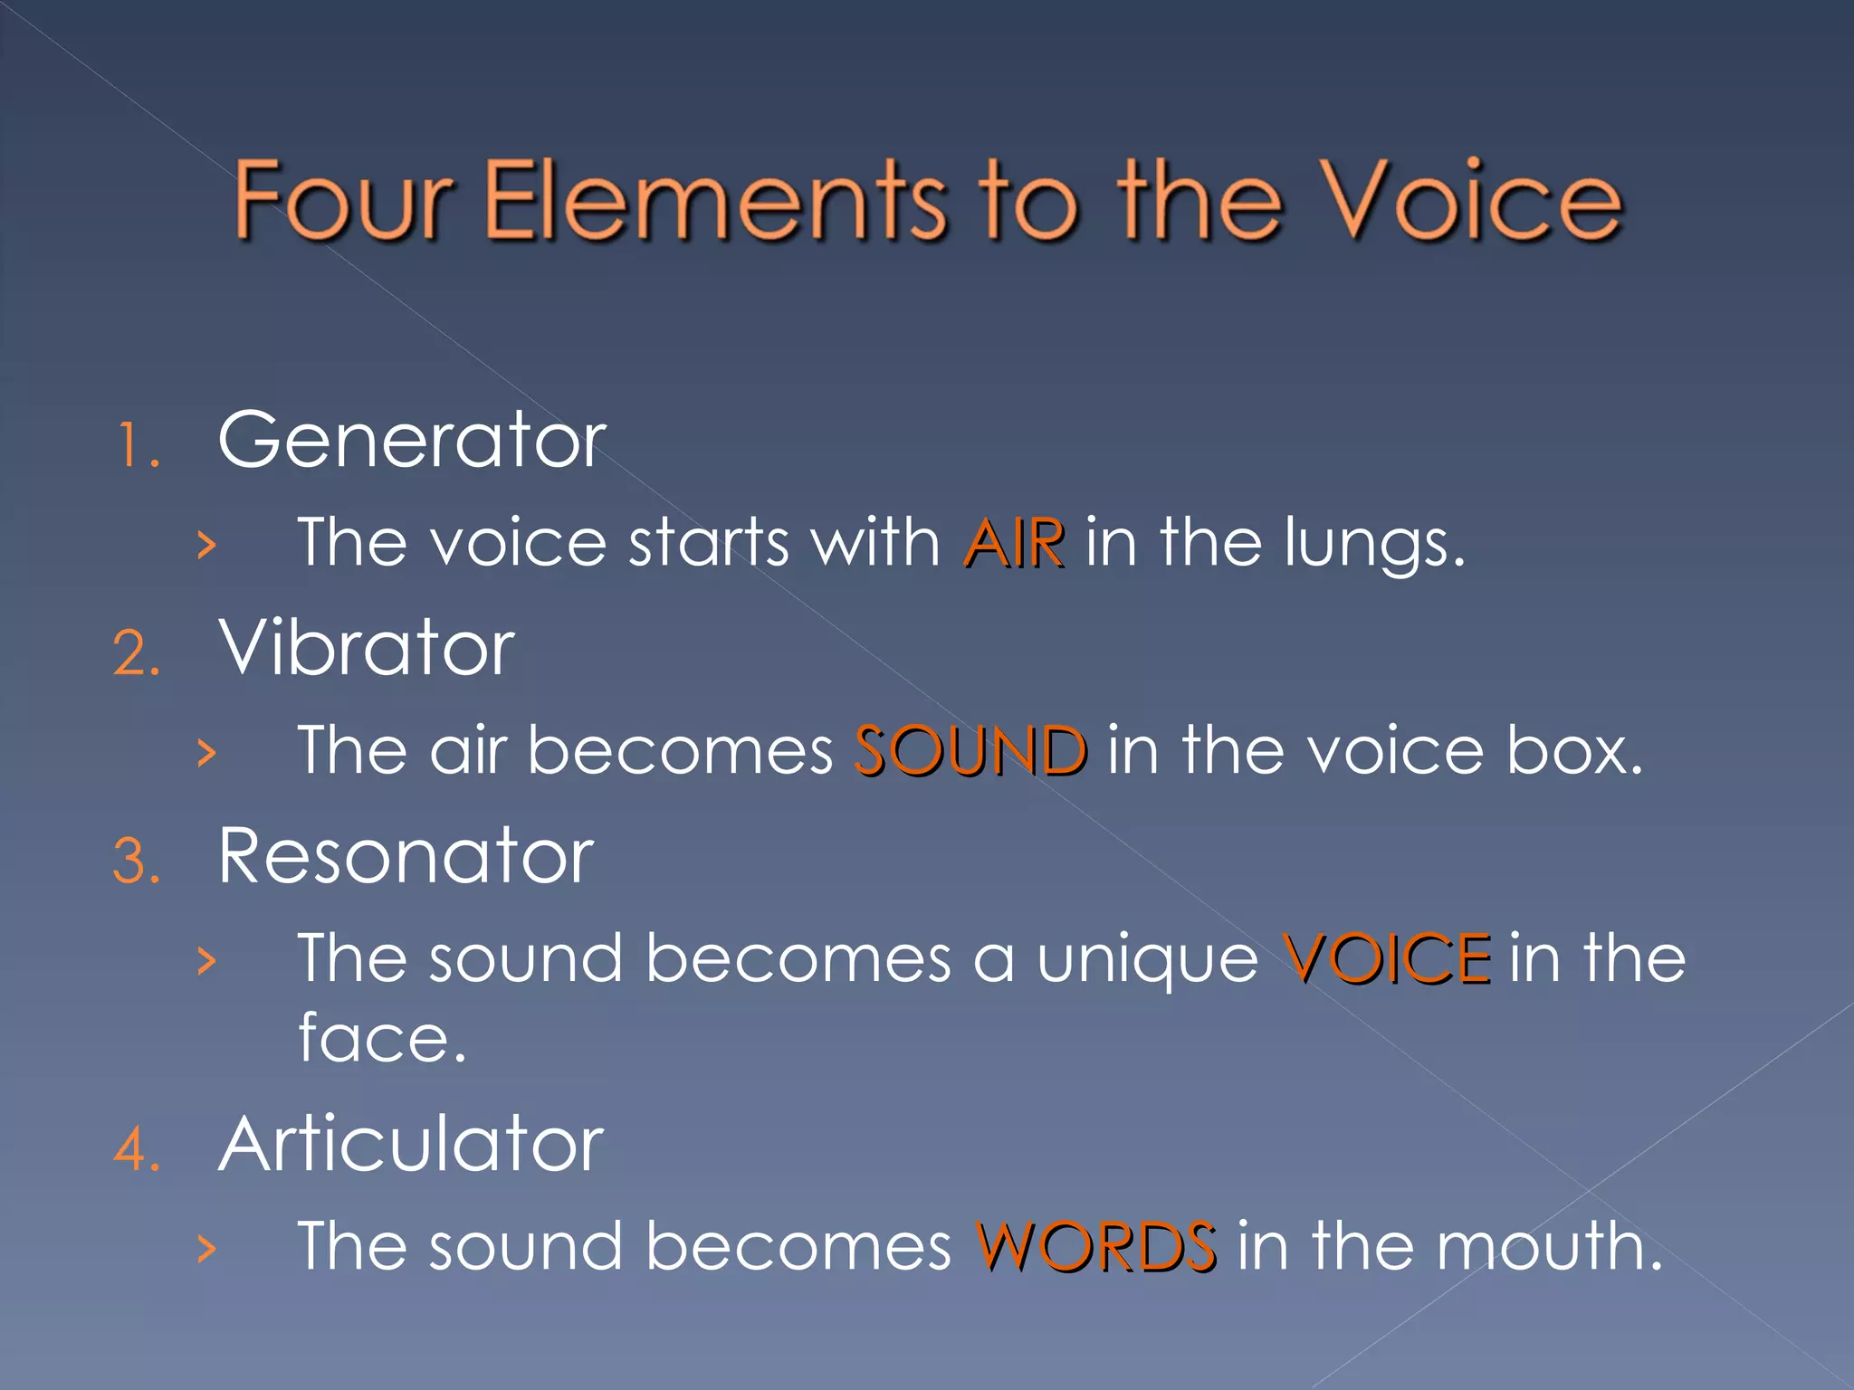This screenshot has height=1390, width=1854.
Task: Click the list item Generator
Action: [412, 441]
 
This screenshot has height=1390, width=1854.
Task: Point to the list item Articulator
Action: [410, 1145]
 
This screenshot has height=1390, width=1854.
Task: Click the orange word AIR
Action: [1014, 544]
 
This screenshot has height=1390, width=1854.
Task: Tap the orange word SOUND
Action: [970, 751]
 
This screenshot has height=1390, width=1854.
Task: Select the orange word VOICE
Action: [1387, 958]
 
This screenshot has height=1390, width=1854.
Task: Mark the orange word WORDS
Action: [1095, 1247]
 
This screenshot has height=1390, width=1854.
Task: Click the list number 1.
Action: [136, 446]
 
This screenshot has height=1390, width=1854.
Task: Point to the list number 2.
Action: [137, 653]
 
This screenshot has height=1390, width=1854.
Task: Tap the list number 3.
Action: [137, 862]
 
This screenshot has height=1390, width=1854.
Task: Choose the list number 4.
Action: [137, 1150]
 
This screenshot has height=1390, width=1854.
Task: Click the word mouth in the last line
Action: [1548, 1247]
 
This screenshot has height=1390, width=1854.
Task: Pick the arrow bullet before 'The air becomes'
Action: [207, 752]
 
